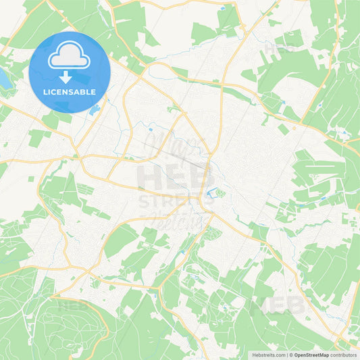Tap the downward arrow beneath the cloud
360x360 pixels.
(x=70, y=76)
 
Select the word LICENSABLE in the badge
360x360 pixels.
(x=70, y=92)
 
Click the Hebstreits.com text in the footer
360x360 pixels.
(x=269, y=354)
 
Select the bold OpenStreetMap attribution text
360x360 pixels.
(x=310, y=354)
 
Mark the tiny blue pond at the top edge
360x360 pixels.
(x=223, y=9)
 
